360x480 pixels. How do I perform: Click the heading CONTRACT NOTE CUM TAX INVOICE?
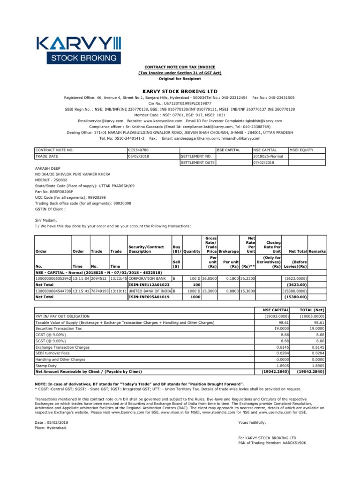pos(180,67)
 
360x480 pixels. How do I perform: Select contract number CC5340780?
pos(139,150)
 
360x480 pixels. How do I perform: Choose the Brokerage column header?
pos(229,252)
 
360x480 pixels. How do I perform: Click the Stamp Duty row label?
pos(46,366)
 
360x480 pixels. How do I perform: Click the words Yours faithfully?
pos(252,422)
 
